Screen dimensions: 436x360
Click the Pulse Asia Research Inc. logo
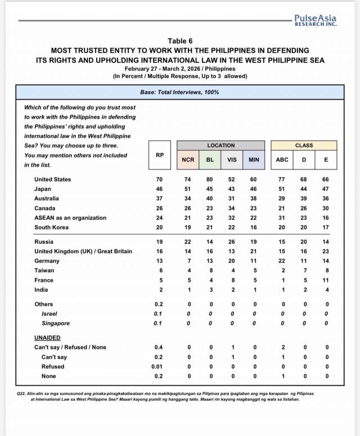[314, 20]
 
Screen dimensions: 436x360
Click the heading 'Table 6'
[180, 41]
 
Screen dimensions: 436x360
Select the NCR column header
[188, 160]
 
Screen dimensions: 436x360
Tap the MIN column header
[254, 160]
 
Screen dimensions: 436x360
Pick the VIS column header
[232, 160]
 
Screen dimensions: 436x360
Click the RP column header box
[160, 155]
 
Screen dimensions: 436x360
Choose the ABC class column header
[282, 160]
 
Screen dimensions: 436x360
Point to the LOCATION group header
[220, 145]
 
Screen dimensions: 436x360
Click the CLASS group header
[304, 145]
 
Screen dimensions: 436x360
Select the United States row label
[52, 179]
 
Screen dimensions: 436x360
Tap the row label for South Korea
[51, 227]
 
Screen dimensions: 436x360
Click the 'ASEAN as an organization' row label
[70, 218]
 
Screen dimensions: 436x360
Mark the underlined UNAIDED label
[47, 338]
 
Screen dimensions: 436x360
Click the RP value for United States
[160, 179]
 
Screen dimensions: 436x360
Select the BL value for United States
[210, 179]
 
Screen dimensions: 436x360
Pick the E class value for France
[326, 280]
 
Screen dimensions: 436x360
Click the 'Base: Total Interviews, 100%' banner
[179, 92]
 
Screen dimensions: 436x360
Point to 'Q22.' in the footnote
[22, 394]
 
